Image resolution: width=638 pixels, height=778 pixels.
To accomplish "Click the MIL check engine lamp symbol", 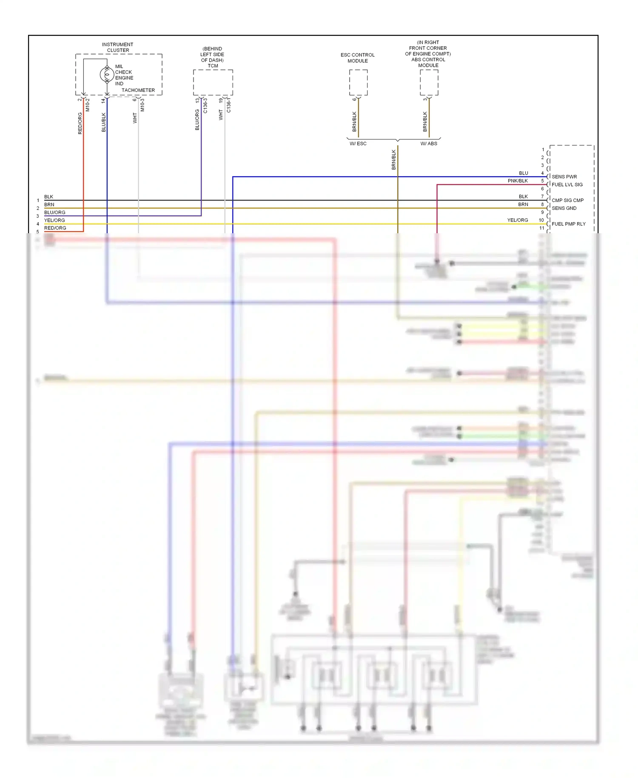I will point(106,74).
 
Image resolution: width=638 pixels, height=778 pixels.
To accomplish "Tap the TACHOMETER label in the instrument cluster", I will point(138,90).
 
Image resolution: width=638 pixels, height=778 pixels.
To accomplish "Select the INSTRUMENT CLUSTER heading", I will point(118,47).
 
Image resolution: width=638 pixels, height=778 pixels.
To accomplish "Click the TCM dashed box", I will point(213,83).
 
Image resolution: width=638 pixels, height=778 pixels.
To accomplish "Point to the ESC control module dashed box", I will point(358,83).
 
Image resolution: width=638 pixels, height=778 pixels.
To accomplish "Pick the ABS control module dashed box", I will point(429,83).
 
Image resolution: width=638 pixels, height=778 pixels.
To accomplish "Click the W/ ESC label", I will point(358,144).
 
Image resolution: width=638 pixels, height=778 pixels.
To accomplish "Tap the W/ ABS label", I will point(429,144).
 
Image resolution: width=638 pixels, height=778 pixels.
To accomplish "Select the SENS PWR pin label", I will point(564,177).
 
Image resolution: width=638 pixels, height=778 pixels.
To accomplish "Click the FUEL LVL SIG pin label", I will point(567,185).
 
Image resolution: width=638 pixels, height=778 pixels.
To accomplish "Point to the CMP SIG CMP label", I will point(567,200).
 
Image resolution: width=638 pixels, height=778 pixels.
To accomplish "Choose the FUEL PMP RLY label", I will point(568,224).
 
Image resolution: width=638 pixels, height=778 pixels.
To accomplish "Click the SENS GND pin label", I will point(564,208).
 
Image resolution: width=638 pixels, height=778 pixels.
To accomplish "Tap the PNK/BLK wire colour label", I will point(518,181).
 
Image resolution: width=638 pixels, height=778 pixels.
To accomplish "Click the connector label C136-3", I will point(205,105).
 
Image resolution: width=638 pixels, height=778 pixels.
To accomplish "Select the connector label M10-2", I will point(88,105).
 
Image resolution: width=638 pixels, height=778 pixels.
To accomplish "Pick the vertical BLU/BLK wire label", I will point(104,122).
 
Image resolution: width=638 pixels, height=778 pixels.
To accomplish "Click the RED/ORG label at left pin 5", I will point(55,228).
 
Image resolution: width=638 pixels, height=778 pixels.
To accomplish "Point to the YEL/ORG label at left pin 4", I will point(54,220).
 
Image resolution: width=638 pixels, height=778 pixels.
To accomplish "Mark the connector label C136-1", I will point(229,105).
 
